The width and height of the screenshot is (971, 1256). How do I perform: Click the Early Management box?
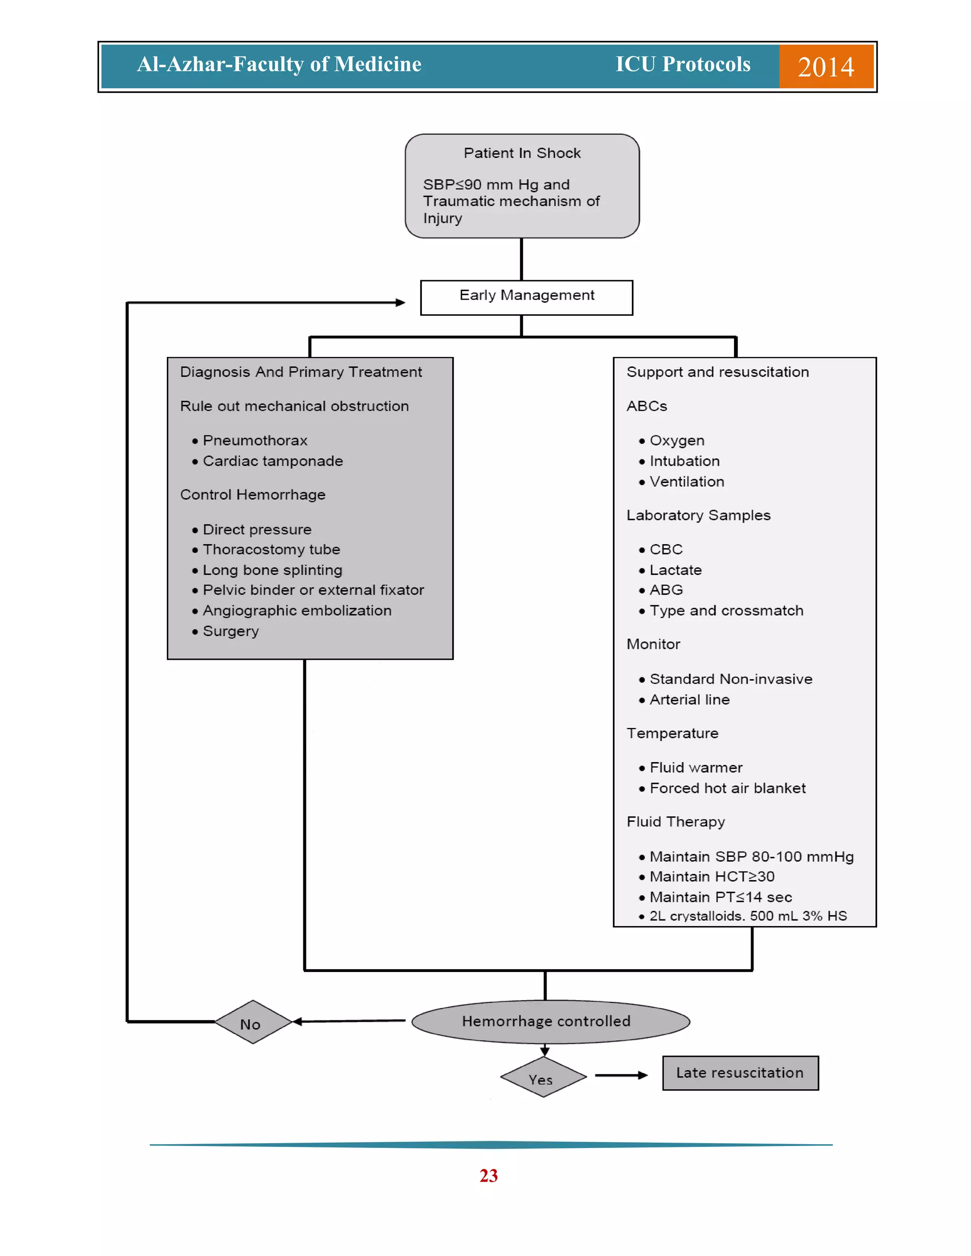(526, 297)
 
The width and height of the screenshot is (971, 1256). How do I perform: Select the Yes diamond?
(543, 1076)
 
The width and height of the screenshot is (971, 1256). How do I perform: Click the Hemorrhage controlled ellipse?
(550, 1021)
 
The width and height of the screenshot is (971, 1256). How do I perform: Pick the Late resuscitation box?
(740, 1073)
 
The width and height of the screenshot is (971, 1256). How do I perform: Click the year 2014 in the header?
(825, 67)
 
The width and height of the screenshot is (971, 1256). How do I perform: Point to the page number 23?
(488, 1175)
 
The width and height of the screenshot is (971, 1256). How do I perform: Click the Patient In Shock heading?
(522, 153)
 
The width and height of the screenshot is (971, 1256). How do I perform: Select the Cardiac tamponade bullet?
(272, 461)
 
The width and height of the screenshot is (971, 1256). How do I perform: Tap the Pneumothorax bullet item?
(255, 440)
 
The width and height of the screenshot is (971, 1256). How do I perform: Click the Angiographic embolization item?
(296, 611)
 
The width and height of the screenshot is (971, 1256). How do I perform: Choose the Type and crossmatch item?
(726, 611)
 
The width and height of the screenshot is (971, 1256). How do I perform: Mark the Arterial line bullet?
(689, 700)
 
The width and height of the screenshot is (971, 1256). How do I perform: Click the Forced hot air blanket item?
(727, 789)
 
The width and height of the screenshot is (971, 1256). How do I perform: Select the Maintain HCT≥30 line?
(712, 877)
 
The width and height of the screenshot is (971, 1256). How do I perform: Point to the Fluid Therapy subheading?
(675, 822)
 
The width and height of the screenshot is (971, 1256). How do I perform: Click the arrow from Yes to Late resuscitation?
(621, 1075)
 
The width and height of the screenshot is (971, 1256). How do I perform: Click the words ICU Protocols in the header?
(683, 64)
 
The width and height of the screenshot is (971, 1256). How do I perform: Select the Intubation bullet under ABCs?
(684, 461)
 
